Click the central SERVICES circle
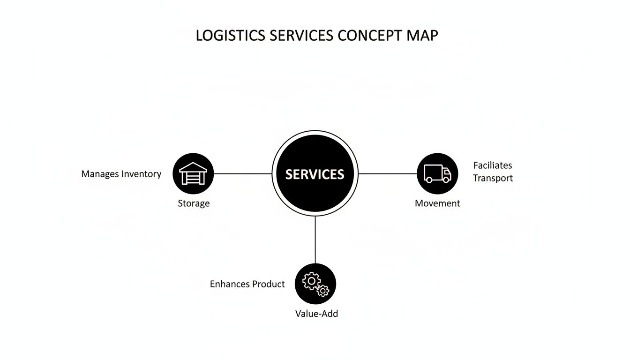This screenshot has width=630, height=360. click(x=315, y=174)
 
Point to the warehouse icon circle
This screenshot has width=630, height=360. click(x=193, y=173)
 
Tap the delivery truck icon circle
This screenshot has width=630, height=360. click(x=437, y=173)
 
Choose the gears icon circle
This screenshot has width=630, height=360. click(x=315, y=284)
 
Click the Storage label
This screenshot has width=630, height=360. click(x=194, y=203)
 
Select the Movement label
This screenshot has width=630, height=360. click(x=437, y=203)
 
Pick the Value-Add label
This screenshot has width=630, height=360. click(x=316, y=314)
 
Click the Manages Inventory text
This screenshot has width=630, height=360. click(x=121, y=174)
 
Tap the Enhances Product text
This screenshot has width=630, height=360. click(x=247, y=284)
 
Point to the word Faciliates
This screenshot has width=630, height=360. click(x=493, y=165)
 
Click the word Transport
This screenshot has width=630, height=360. click(x=493, y=178)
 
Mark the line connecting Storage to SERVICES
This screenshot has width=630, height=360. click(x=243, y=173)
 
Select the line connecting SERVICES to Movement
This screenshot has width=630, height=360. click(x=388, y=173)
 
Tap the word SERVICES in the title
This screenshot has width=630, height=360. click(x=302, y=36)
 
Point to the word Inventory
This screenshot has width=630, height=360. click(x=141, y=174)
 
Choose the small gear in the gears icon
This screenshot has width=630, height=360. click(x=323, y=291)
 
